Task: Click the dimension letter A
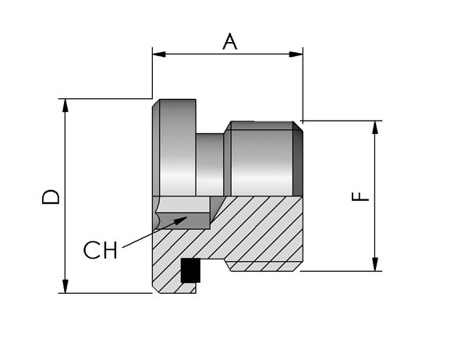coord(230,41)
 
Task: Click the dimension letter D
coord(51,197)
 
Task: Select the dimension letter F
coord(360,196)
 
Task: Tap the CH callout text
coord(100,250)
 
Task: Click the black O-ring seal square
coord(190,270)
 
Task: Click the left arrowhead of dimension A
coord(159,55)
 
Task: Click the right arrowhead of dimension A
coord(296,55)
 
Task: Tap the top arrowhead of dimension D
coord(65,105)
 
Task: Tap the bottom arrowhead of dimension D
coord(65,286)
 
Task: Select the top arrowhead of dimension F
coord(375,128)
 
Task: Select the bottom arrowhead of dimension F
coord(375,264)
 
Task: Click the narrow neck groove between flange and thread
coord(210,164)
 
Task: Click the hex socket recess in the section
coord(182,213)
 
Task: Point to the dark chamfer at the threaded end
coord(298,159)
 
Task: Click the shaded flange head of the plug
coord(174,147)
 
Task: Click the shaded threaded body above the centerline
coord(258,159)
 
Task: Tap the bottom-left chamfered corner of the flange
coord(156,289)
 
